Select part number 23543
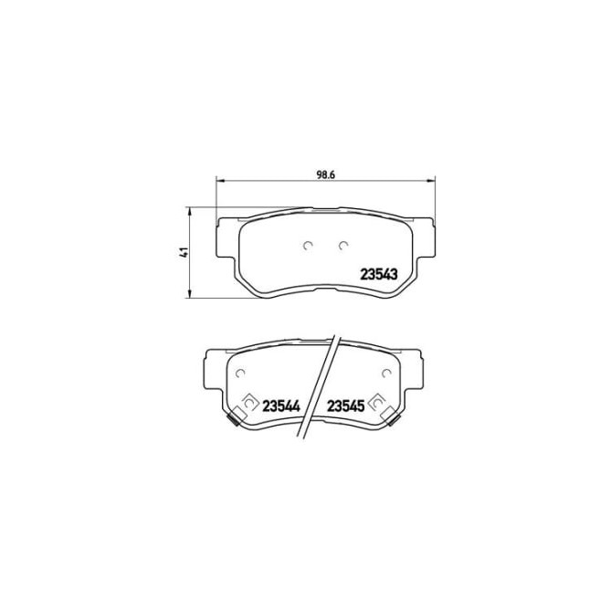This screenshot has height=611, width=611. pos(378,271)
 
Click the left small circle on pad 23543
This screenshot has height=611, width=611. pos(308,245)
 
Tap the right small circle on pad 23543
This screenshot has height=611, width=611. pos(343,245)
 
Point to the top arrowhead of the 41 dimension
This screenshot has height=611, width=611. pos(189,211)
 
